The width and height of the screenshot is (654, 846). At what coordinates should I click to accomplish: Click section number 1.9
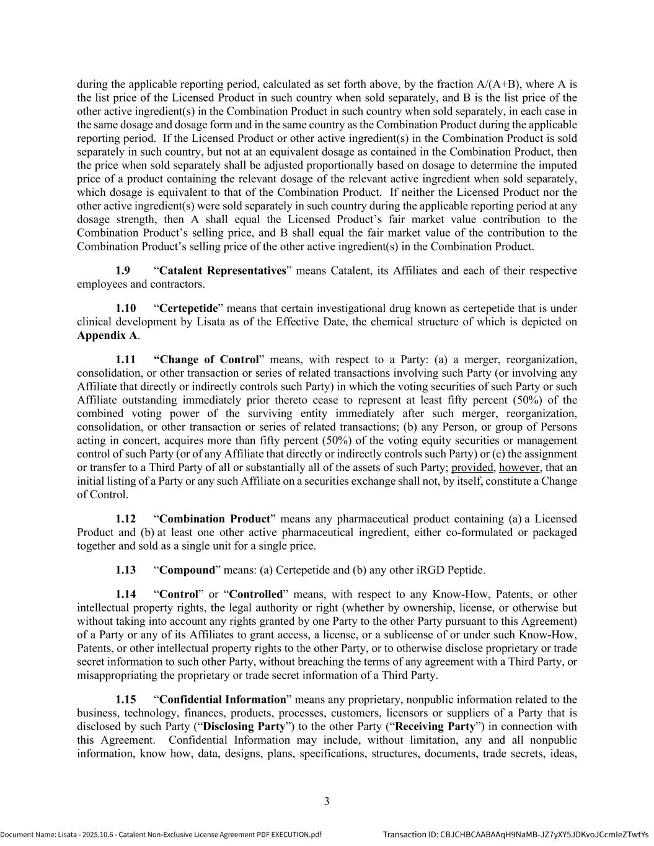(123, 271)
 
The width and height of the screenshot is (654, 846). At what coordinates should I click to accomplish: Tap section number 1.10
(125, 308)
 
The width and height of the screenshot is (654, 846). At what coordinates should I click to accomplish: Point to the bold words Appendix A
(107, 335)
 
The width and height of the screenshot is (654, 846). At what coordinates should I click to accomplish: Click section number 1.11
(125, 359)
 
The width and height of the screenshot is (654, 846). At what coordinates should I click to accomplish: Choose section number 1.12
(125, 519)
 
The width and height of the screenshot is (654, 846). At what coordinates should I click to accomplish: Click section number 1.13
(125, 570)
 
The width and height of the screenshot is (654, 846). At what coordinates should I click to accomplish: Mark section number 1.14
(125, 594)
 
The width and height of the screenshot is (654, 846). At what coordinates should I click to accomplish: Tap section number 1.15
(125, 700)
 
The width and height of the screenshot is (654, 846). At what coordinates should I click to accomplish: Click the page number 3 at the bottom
(327, 801)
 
